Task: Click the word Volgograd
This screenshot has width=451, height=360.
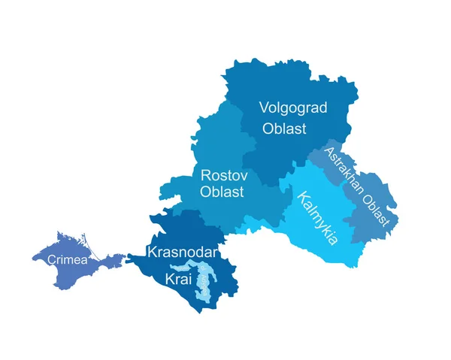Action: pyautogui.click(x=293, y=107)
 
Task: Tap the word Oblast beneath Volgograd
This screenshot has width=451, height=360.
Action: pyautogui.click(x=284, y=129)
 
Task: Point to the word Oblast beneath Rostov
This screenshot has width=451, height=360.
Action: pyautogui.click(x=222, y=192)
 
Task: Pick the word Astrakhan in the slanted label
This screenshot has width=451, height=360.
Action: pyautogui.click(x=343, y=169)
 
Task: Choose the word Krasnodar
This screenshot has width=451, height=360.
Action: pyautogui.click(x=183, y=251)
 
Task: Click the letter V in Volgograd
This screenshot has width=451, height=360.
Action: pyautogui.click(x=264, y=107)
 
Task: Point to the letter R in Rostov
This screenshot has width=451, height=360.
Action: pyautogui.click(x=205, y=174)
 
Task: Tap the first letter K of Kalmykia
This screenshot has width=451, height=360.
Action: pyautogui.click(x=302, y=199)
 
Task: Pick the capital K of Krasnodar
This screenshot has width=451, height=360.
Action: pyautogui.click(x=153, y=251)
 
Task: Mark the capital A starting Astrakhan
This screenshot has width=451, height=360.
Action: pyautogui.click(x=327, y=153)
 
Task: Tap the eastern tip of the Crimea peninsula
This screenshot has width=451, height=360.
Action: pyautogui.click(x=123, y=259)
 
